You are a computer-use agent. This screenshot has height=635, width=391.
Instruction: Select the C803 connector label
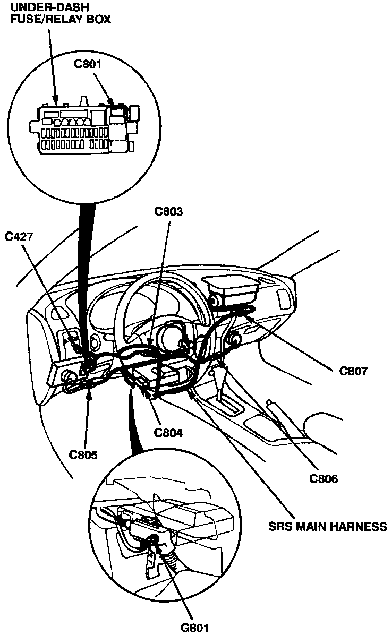tap(168, 212)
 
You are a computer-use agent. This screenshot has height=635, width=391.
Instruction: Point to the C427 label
tap(20, 236)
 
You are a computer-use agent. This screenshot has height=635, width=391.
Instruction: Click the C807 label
tap(353, 371)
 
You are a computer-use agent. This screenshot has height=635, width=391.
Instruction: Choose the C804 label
tap(168, 432)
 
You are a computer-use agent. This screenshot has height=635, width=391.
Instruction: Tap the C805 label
tap(84, 454)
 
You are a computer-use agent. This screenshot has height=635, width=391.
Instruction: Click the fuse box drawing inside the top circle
tap(84, 127)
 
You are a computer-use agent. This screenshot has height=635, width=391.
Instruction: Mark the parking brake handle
tap(287, 419)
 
